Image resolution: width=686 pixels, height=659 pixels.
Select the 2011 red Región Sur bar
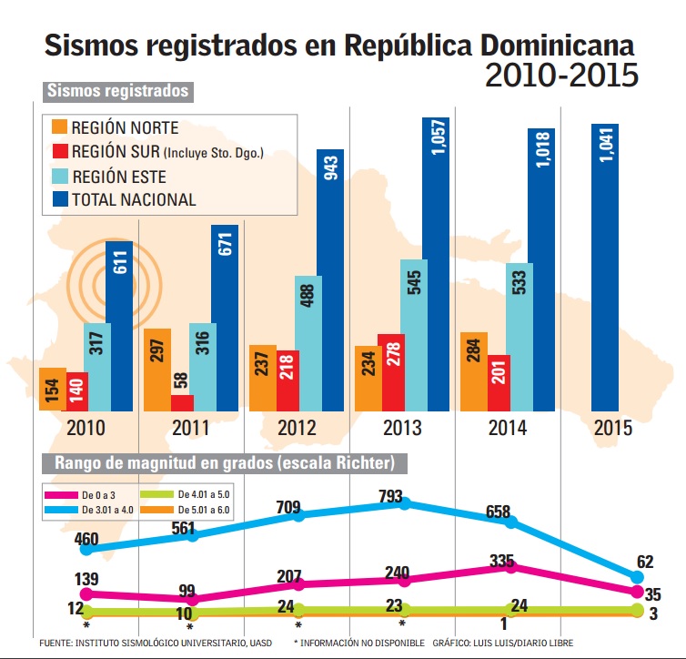[182, 403]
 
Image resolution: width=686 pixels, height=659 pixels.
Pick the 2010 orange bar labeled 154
[51, 390]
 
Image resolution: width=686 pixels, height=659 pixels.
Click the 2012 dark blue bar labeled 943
[330, 280]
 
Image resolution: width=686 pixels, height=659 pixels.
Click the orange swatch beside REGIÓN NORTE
[59, 127]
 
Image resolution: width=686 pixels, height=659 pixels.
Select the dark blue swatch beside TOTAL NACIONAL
[59, 199]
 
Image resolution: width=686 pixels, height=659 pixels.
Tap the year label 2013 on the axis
[401, 428]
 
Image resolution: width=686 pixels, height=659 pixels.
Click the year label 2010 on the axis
[85, 428]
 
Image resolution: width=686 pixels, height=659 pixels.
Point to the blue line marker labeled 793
[406, 503]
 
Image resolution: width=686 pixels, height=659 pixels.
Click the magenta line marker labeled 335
[511, 567]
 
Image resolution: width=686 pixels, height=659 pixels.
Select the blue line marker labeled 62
[637, 577]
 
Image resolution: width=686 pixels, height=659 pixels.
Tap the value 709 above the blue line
[299, 495]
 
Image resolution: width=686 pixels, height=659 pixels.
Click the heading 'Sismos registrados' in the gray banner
[117, 92]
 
